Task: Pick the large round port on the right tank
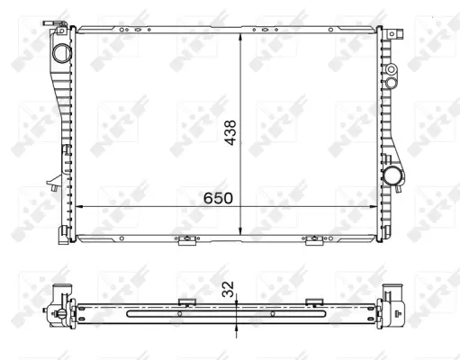tap(394, 175)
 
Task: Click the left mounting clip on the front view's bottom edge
tap(186, 240)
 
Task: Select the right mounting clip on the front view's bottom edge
tap(314, 240)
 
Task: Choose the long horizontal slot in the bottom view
tap(229, 314)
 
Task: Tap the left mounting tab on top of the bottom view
tap(187, 301)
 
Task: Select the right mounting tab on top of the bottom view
tap(314, 301)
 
